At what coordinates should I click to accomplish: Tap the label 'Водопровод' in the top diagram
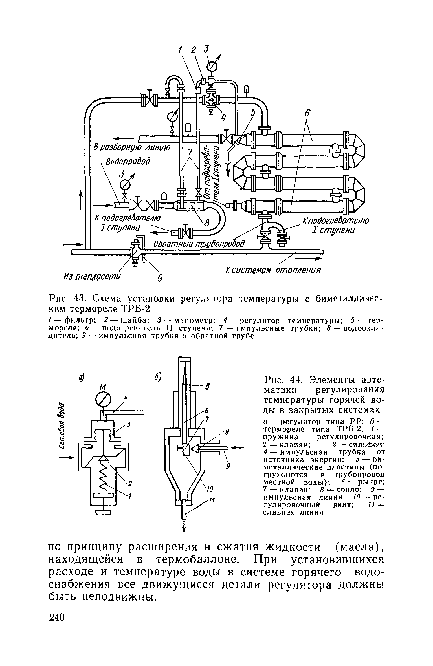[128, 162]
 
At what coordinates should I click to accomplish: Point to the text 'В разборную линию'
[132, 148]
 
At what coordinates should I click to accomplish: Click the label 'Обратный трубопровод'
[199, 243]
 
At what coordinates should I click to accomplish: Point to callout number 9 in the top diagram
[160, 279]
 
